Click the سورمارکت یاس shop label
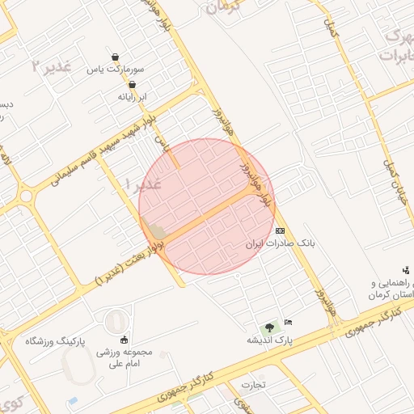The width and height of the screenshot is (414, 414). pos(116,70)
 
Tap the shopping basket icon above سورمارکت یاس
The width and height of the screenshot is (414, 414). pos(116,57)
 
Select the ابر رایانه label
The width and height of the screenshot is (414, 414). pos(133,96)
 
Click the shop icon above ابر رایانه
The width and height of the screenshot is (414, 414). pos(133,84)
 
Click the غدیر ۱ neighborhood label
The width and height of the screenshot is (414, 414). pos(145,184)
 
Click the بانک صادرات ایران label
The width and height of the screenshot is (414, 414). pos(281,243)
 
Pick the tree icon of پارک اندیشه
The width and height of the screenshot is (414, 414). pos(268,327)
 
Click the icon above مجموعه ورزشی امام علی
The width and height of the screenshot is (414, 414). pos(124,340)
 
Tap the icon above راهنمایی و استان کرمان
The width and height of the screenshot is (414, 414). pos(405,270)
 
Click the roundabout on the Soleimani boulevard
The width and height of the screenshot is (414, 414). pos(26,196)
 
